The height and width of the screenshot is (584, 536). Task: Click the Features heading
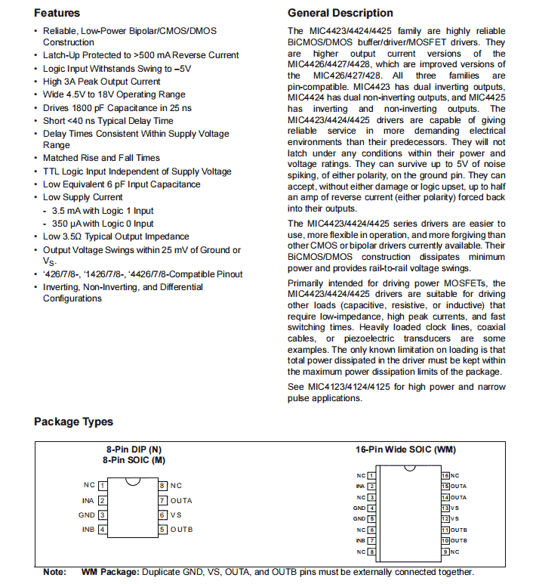tap(57, 13)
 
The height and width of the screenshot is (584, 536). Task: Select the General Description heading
tap(340, 13)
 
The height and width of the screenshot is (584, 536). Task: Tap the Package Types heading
tap(73, 422)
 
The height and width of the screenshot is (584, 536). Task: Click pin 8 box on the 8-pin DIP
tap(162, 485)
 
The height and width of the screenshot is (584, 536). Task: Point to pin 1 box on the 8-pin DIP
tap(102, 485)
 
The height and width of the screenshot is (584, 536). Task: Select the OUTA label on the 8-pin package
tap(181, 500)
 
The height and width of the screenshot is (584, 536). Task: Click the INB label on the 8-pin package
tap(88, 529)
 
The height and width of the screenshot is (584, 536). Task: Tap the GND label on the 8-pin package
tap(87, 514)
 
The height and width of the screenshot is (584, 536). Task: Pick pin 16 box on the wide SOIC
tap(445, 475)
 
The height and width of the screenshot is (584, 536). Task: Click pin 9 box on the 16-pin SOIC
tap(445, 552)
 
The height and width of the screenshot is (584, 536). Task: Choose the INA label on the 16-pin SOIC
tap(361, 487)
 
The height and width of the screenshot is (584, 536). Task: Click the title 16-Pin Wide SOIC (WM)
tap(405, 450)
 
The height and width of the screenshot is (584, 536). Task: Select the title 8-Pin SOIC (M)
tap(134, 459)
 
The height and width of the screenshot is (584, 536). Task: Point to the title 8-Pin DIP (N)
tap(134, 450)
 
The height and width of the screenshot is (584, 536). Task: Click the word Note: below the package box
tap(54, 572)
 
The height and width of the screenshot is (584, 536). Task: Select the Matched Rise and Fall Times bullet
tap(101, 158)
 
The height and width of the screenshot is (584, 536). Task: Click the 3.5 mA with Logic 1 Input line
tap(103, 211)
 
